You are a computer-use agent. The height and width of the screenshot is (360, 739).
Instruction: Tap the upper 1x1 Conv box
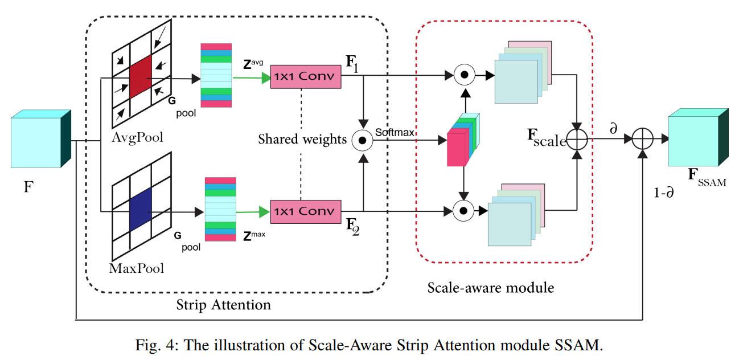(305, 76)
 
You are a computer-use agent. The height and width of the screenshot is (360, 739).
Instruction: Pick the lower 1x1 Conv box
(305, 211)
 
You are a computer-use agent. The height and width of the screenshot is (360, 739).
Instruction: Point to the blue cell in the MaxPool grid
(141, 209)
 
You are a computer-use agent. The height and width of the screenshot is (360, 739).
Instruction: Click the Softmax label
(394, 133)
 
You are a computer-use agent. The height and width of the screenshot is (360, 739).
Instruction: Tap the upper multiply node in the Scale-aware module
(464, 75)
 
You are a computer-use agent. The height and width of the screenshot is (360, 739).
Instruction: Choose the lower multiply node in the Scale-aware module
(464, 211)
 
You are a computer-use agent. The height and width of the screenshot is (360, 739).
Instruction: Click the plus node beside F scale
(577, 138)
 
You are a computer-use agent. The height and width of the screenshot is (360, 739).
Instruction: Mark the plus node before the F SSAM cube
(643, 138)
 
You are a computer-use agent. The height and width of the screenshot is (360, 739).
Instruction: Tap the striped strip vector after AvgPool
(216, 75)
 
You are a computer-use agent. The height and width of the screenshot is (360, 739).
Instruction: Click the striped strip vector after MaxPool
(220, 209)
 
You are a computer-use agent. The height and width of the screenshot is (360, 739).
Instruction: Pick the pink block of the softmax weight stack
(456, 148)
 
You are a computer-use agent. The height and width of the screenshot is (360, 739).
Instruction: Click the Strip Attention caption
(224, 305)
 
